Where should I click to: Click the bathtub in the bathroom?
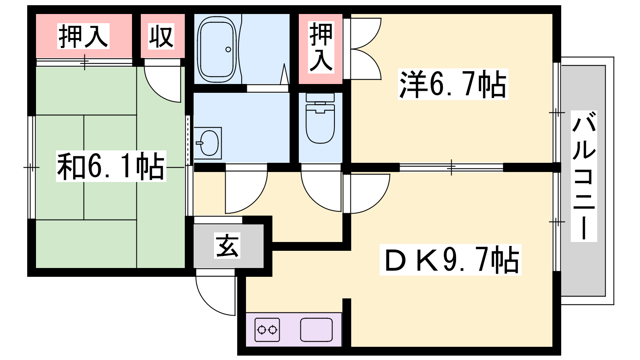(x=217, y=49)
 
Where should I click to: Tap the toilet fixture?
(x=320, y=119)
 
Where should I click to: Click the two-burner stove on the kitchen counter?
(x=267, y=330)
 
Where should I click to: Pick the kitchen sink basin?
(x=316, y=330)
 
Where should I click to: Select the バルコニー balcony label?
(x=584, y=176)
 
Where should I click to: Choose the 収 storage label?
(x=161, y=36)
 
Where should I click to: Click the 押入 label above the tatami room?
(x=84, y=36)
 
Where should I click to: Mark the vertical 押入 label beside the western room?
(x=321, y=47)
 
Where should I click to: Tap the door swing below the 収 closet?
(x=162, y=83)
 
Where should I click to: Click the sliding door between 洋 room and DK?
(x=451, y=167)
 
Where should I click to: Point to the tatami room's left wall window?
(x=31, y=167)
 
